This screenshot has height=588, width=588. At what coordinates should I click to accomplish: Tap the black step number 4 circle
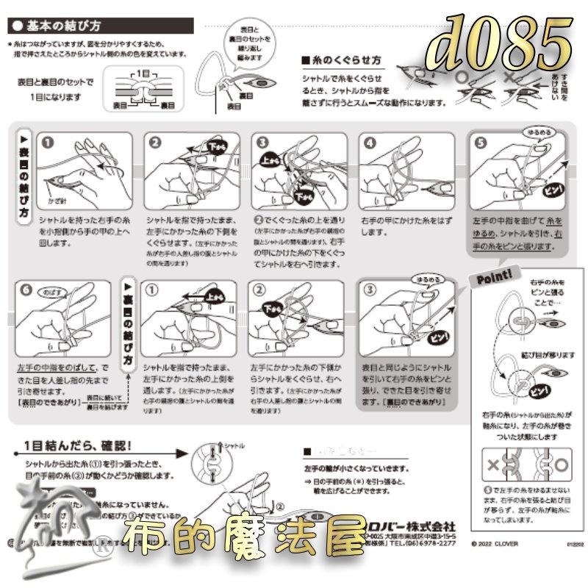[370, 145]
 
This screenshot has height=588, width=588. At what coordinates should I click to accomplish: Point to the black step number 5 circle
[480, 145]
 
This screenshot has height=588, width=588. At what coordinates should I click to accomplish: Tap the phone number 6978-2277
[434, 545]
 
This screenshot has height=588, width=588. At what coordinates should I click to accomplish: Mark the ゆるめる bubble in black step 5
[534, 132]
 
